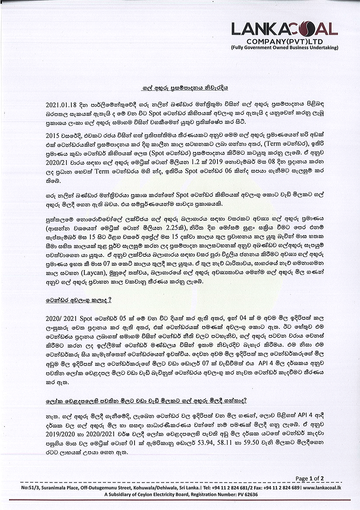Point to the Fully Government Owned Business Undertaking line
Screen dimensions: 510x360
pos(285,48)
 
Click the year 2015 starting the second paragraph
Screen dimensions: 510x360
pos(52,135)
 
